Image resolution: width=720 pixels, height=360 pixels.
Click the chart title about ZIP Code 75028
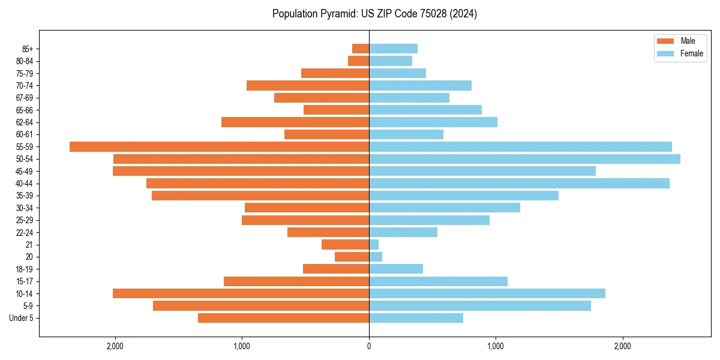coord(374,14)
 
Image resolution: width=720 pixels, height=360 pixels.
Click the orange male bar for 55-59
coord(219,146)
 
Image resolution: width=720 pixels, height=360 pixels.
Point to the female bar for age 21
coord(374,245)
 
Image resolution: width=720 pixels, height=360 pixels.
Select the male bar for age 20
coord(352,257)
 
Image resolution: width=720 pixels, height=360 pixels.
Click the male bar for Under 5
coord(283,318)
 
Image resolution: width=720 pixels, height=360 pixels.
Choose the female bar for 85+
coord(393,49)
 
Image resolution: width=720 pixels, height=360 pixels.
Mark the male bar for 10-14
coord(241,293)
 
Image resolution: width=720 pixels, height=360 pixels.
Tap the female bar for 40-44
coord(519,184)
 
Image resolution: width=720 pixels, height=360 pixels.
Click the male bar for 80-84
coord(358,61)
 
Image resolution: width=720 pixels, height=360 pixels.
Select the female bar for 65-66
coord(425,110)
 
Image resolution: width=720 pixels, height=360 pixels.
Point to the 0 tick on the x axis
coord(369,346)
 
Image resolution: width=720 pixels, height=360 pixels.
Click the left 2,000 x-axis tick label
coord(115,346)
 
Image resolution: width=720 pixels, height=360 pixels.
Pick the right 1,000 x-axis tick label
coord(496,346)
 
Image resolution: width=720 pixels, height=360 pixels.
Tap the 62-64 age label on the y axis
coord(25,122)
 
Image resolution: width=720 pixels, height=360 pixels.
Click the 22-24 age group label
coord(25,232)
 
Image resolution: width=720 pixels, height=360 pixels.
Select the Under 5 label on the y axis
coord(22,318)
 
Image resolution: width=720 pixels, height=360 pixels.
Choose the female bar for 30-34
coord(445,208)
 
